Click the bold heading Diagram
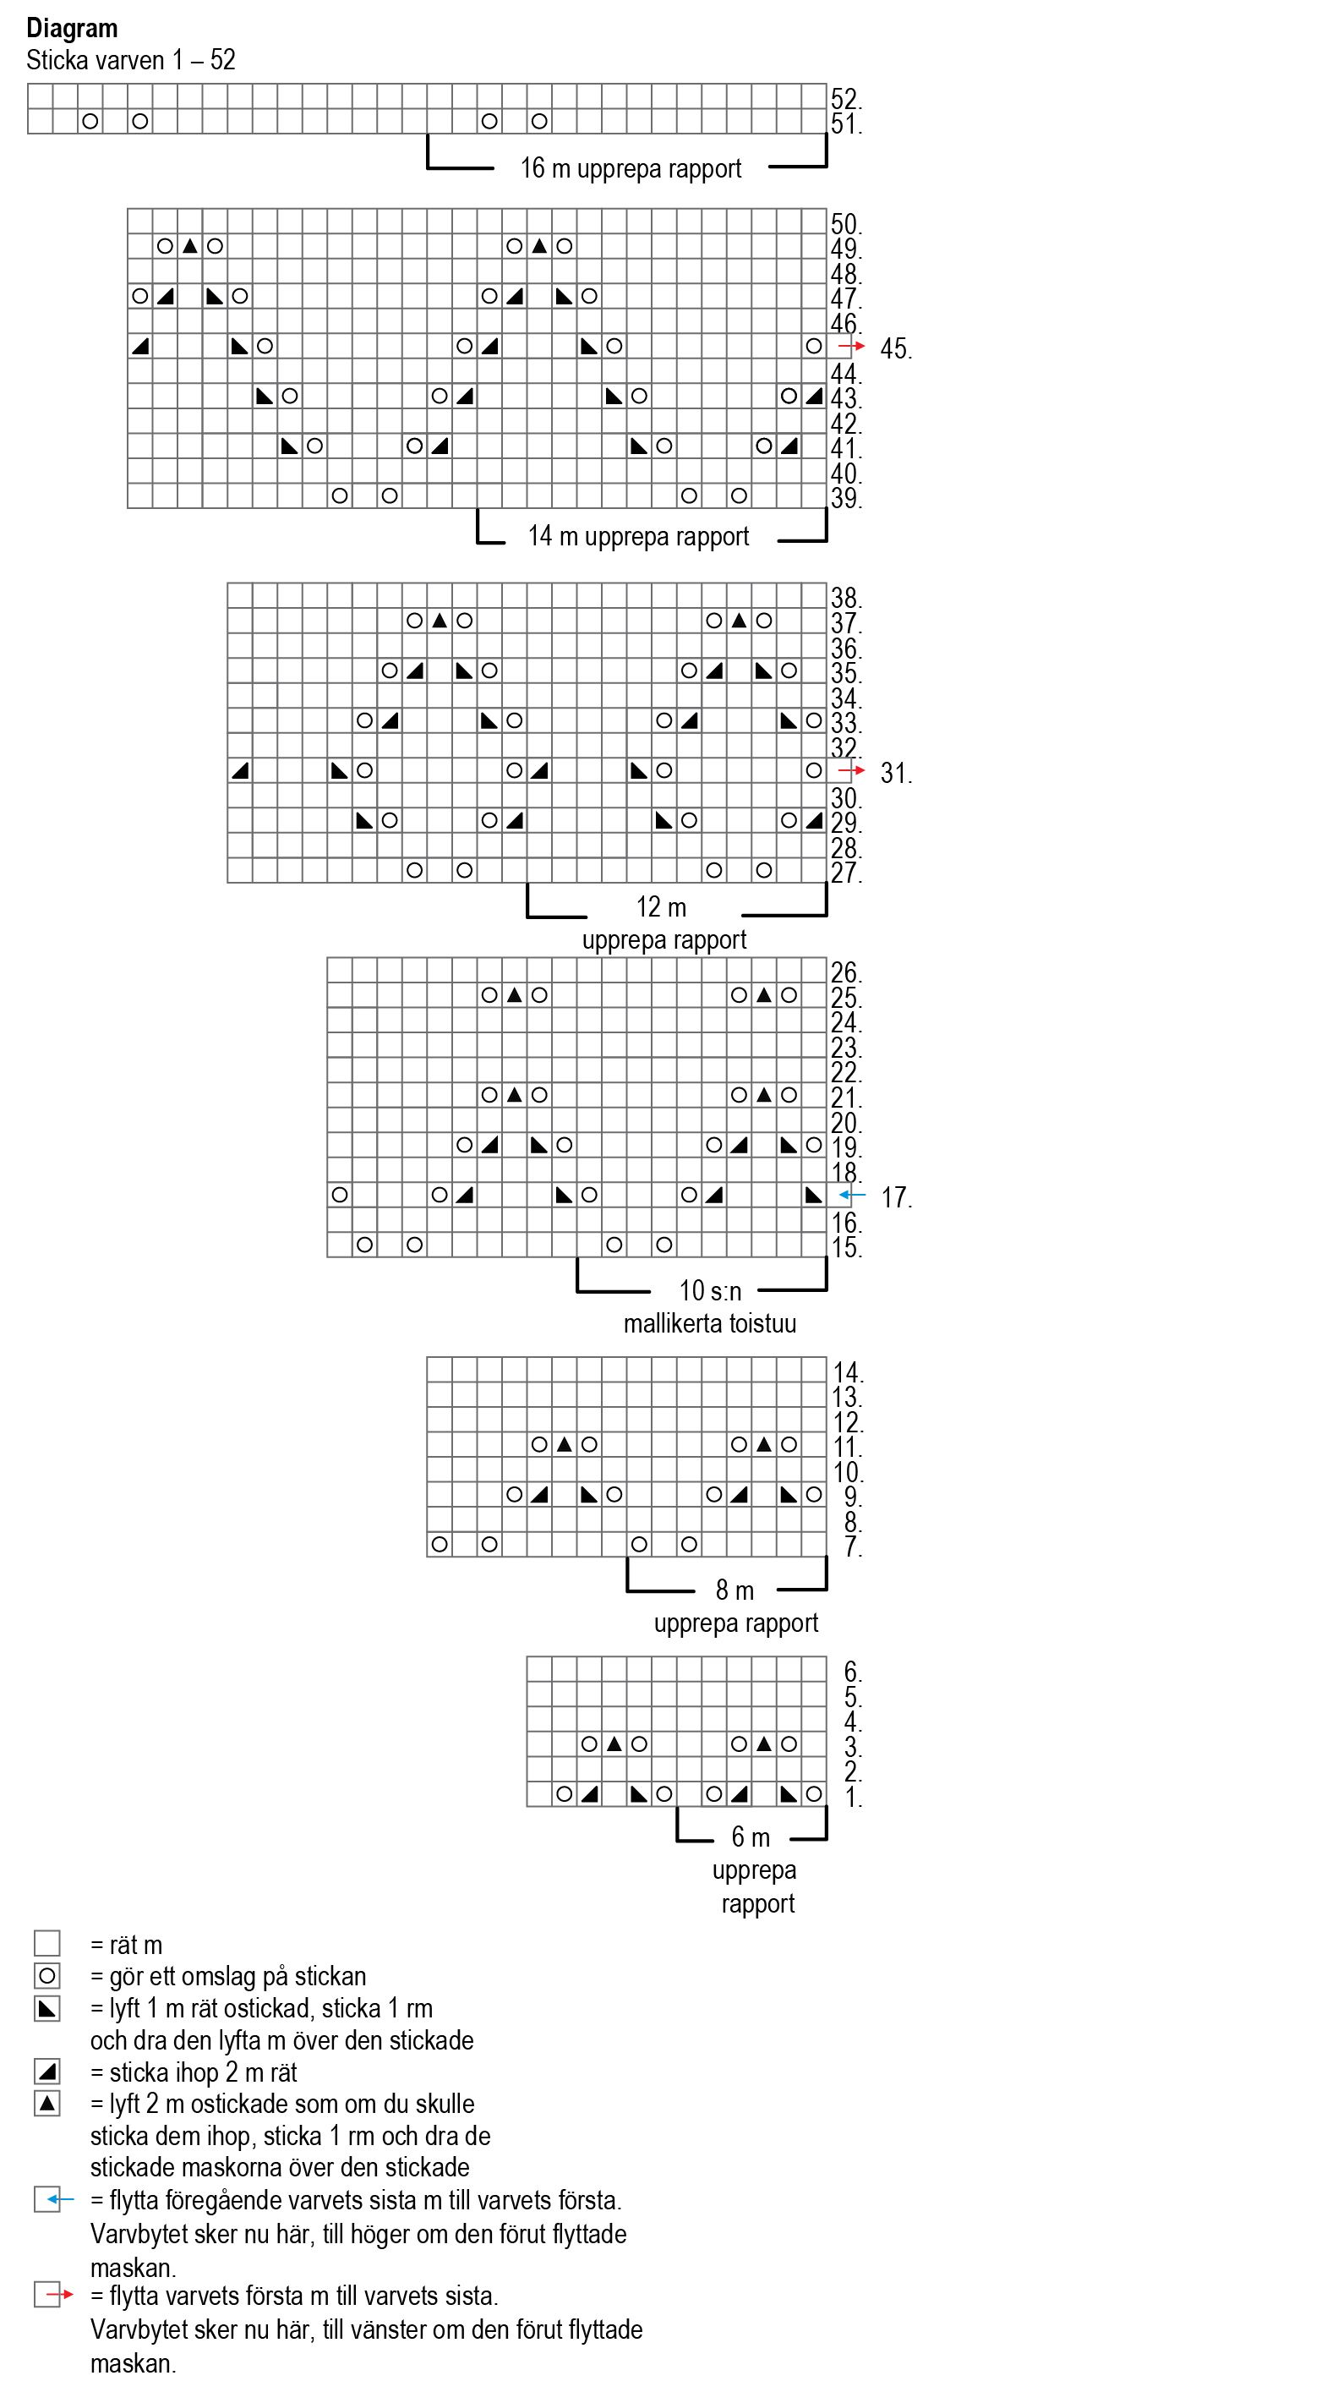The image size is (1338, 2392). pos(72,29)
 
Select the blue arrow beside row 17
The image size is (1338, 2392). pos(850,1195)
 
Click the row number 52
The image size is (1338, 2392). pos(845,98)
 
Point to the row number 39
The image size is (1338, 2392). pos(845,499)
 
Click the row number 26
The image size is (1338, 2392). pos(845,972)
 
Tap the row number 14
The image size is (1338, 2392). pos(847,1371)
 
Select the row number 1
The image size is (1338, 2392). pos(852,1797)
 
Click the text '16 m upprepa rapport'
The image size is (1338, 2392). pos(631,168)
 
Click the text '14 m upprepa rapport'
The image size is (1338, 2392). pos(638,536)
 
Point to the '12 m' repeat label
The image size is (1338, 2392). pos(661,906)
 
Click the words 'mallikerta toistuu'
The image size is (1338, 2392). pos(709,1323)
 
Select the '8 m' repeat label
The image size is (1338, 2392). pos(735,1590)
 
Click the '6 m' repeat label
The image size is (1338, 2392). pos(751,1836)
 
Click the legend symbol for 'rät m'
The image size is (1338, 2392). pos(47,1944)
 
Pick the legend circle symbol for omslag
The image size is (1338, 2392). pos(47,1976)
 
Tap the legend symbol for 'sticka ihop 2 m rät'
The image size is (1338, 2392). pos(47,2072)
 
